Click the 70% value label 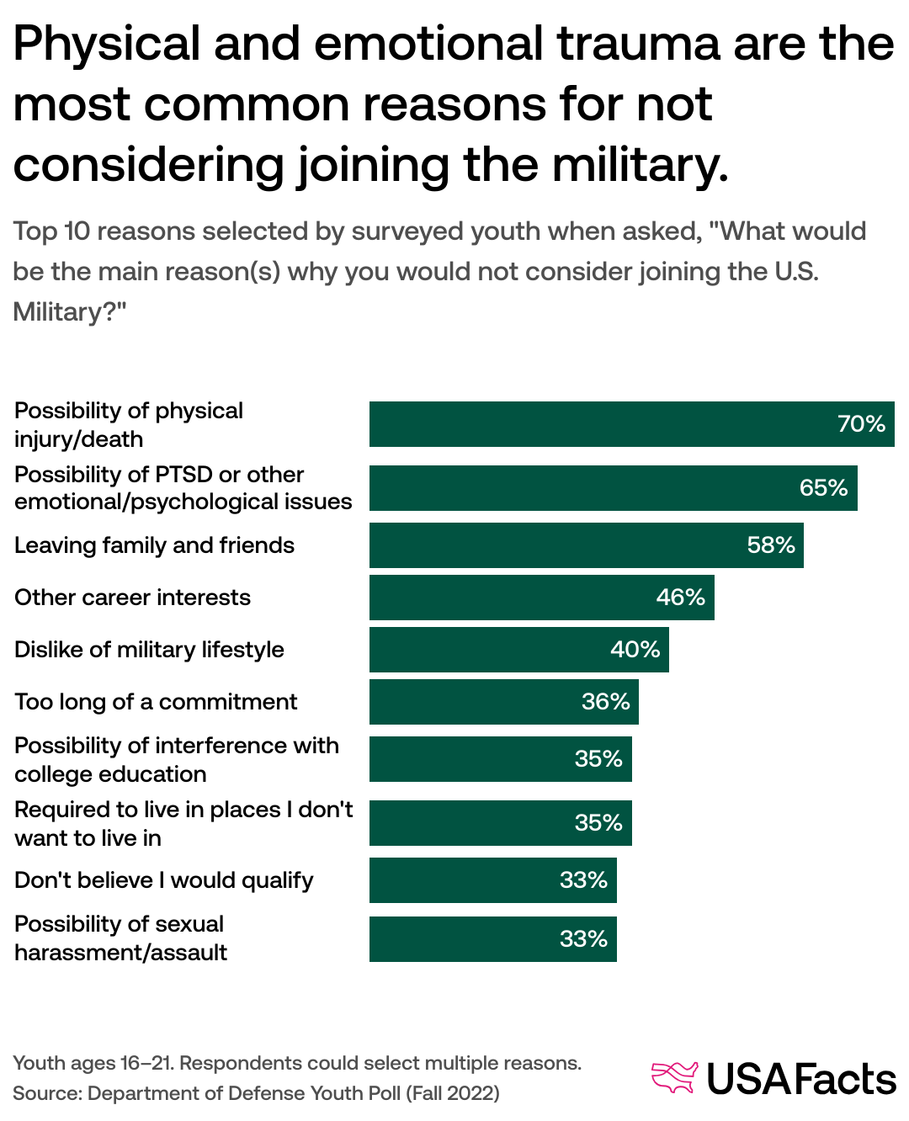(x=861, y=424)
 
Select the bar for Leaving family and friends (x=586, y=545)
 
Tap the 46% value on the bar (x=680, y=598)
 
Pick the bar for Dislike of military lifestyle (x=518, y=650)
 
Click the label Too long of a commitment (x=156, y=702)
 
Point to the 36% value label (x=605, y=702)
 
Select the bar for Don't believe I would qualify (x=492, y=880)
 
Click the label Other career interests (x=132, y=598)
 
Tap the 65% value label (x=823, y=488)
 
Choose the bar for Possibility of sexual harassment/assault (x=492, y=939)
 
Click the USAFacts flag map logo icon (x=675, y=1077)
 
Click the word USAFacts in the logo (x=800, y=1079)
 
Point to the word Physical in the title (x=107, y=44)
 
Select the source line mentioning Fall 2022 (x=256, y=1093)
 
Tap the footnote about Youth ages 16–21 (x=296, y=1063)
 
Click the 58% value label (x=770, y=545)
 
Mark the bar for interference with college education (x=500, y=759)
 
